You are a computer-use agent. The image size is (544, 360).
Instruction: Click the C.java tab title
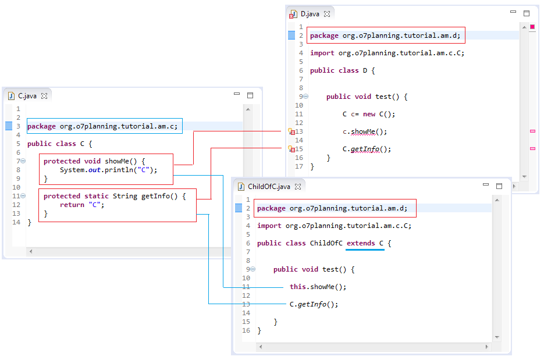click(27, 96)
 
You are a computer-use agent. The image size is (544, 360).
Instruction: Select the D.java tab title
click(310, 14)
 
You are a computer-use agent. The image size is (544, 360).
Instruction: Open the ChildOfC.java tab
click(268, 187)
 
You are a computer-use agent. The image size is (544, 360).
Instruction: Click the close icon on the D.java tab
click(327, 14)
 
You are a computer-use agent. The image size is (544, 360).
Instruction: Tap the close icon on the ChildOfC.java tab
click(298, 187)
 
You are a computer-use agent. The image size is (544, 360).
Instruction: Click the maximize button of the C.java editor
click(250, 95)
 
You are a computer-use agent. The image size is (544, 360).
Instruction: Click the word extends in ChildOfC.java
click(361, 243)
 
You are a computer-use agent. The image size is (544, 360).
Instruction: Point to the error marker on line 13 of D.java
click(292, 132)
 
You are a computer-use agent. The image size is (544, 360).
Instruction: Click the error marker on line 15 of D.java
click(292, 149)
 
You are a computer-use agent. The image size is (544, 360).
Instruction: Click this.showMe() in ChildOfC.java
click(318, 287)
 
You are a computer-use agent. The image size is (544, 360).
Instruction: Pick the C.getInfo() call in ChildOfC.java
click(313, 304)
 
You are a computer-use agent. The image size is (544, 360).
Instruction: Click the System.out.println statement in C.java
click(108, 170)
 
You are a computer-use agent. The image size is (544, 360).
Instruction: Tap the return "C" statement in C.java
click(81, 205)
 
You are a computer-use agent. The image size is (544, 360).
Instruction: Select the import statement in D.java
click(387, 53)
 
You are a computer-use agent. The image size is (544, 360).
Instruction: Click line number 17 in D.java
click(299, 166)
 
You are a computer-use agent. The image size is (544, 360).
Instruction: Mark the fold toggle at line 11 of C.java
click(23, 196)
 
